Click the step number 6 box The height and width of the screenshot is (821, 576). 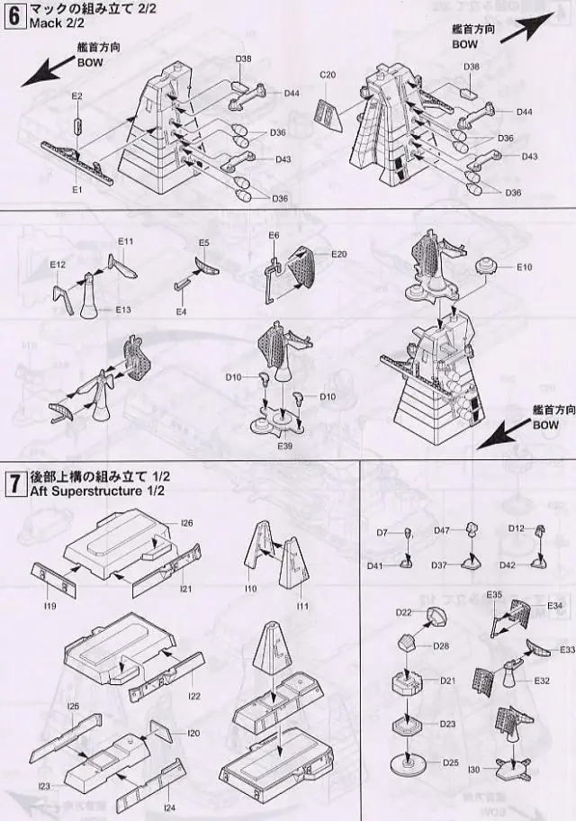pos(14,15)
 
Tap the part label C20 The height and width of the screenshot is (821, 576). pos(328,75)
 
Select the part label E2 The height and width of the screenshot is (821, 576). pos(76,95)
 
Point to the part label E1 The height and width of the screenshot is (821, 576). pos(76,190)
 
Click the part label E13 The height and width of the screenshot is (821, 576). pos(123,310)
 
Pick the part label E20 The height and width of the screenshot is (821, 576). pos(338,255)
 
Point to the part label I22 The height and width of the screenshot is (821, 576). pos(193,697)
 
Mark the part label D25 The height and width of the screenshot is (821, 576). pos(450,763)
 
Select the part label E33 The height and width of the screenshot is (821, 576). pos(567,650)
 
